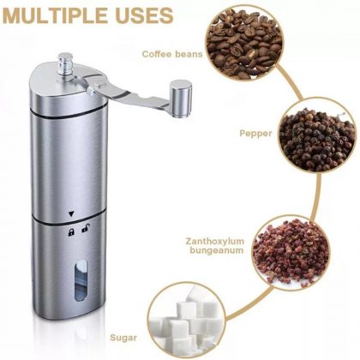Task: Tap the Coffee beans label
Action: click(172, 54)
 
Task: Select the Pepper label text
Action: click(255, 133)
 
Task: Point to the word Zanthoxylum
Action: click(215, 241)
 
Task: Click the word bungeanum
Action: click(217, 250)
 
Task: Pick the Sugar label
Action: click(123, 338)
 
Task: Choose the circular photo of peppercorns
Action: click(317, 139)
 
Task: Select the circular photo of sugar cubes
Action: click(187, 321)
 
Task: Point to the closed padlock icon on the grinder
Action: click(71, 231)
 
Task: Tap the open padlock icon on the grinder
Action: click(85, 229)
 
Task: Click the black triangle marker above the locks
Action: click(71, 213)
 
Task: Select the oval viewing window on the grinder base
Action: click(81, 280)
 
